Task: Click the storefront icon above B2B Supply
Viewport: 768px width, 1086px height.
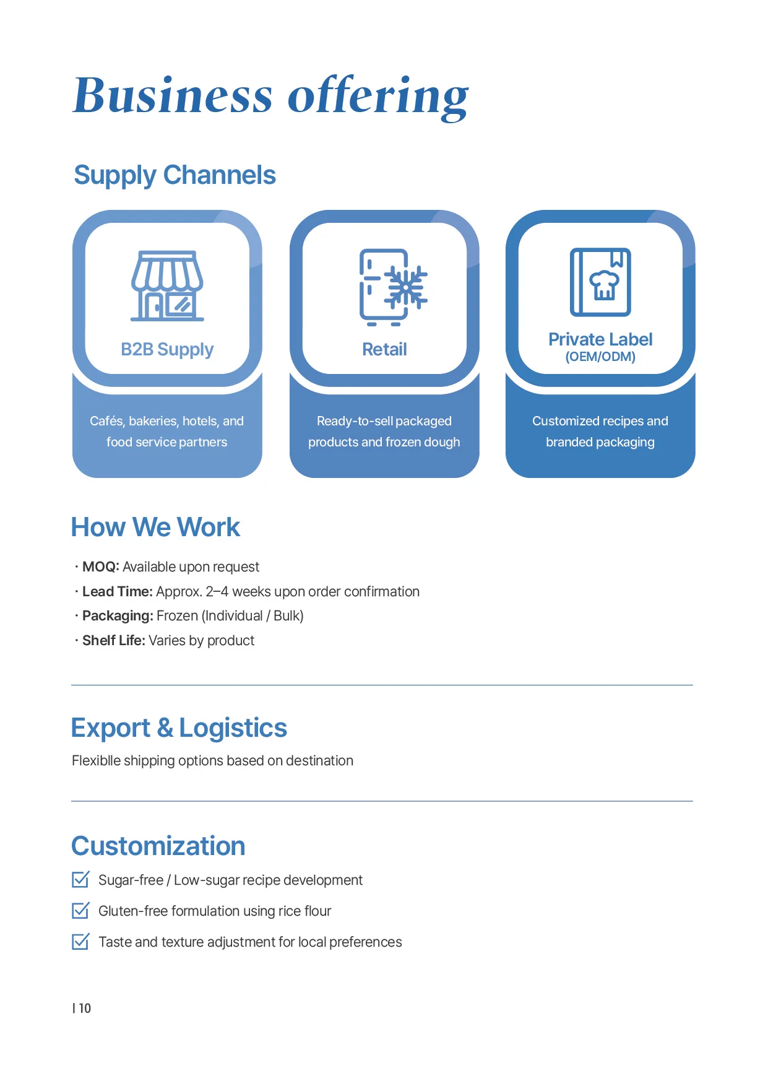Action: tap(167, 285)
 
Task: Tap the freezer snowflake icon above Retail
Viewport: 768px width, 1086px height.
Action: tap(394, 287)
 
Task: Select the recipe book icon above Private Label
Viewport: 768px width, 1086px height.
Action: tap(600, 282)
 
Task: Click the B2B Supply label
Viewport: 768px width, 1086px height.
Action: tap(167, 350)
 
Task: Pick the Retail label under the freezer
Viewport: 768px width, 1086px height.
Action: tap(384, 350)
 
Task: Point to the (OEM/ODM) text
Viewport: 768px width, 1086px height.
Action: tap(600, 357)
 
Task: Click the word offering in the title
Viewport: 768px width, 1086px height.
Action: tap(378, 97)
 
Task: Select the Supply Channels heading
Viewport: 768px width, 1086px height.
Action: tap(175, 176)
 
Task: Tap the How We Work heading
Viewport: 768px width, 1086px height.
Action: tap(155, 528)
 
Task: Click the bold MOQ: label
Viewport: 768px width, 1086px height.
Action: tap(101, 567)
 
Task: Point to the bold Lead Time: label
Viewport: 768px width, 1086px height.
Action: tap(118, 591)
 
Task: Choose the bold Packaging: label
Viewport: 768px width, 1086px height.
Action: tap(118, 616)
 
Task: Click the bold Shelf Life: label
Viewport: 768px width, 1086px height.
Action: tap(114, 640)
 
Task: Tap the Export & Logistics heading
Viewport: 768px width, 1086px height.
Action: tap(179, 729)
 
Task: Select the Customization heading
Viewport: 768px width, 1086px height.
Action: tap(158, 846)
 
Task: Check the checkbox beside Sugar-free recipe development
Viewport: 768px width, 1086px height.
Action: tap(81, 879)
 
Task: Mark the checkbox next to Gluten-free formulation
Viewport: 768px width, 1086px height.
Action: tap(81, 910)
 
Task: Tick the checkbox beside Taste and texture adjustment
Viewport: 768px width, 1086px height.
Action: tap(81, 941)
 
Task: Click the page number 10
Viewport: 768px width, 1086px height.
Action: tap(85, 1008)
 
